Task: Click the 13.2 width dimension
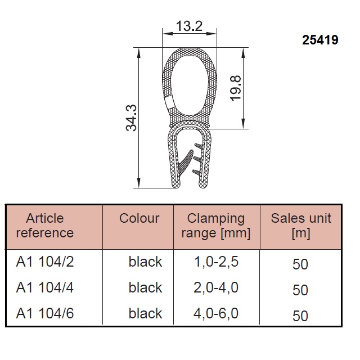point(190,26)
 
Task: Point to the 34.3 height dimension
point(131,118)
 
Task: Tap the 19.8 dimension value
point(236,88)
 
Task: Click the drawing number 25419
point(320,40)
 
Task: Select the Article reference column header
point(45,226)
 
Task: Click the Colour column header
point(139,218)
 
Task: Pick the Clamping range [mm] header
point(216,226)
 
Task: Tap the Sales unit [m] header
point(301,226)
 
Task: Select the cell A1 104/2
point(45,262)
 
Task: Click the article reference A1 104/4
point(45,287)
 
